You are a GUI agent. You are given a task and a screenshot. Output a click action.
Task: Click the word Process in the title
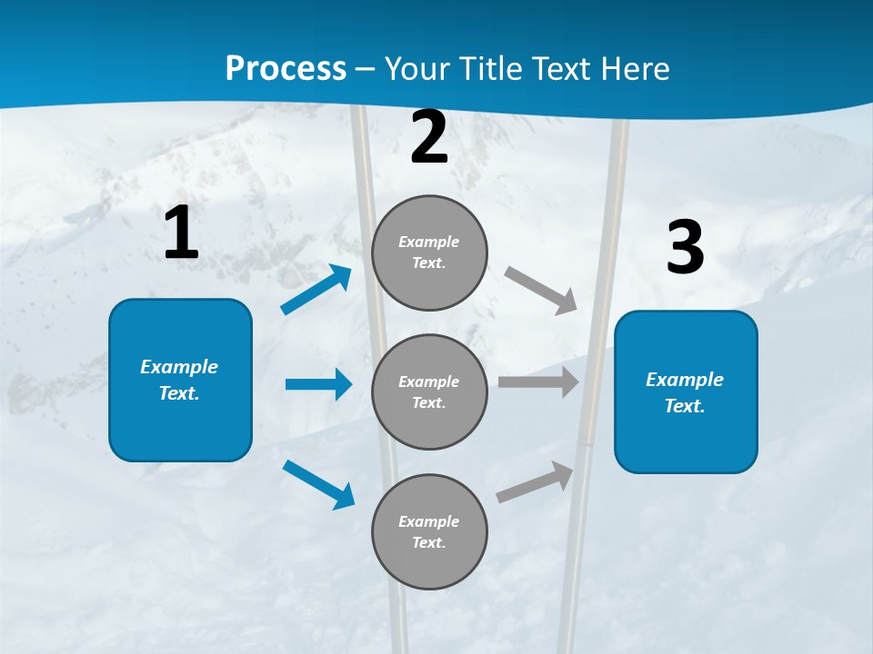click(x=286, y=69)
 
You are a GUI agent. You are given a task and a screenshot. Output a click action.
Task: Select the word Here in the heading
click(x=636, y=69)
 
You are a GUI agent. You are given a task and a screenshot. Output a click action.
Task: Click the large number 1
click(x=181, y=233)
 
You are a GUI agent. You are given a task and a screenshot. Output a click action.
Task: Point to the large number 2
click(x=429, y=137)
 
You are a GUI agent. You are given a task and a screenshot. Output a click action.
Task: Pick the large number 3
click(x=685, y=248)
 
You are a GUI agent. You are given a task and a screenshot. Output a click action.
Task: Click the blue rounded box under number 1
click(x=180, y=380)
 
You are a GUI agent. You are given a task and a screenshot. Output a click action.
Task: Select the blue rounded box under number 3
click(x=686, y=391)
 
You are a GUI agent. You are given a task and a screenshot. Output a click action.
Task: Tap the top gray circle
click(x=429, y=253)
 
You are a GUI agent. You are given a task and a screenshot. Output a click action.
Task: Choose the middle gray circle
click(x=429, y=391)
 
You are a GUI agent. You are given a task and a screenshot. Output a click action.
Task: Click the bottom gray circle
click(x=429, y=531)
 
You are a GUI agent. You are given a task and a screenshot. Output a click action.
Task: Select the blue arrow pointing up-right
click(x=316, y=290)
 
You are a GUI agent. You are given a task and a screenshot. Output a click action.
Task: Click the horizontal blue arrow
click(x=318, y=384)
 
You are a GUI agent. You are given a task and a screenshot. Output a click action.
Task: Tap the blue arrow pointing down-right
click(x=319, y=484)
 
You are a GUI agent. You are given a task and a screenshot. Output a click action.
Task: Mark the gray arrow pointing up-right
click(x=535, y=481)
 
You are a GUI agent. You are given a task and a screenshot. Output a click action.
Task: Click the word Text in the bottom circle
click(x=428, y=542)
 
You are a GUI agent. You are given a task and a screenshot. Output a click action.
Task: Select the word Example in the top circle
click(x=428, y=242)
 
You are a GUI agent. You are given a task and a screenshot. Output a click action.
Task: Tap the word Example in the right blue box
click(x=685, y=380)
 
